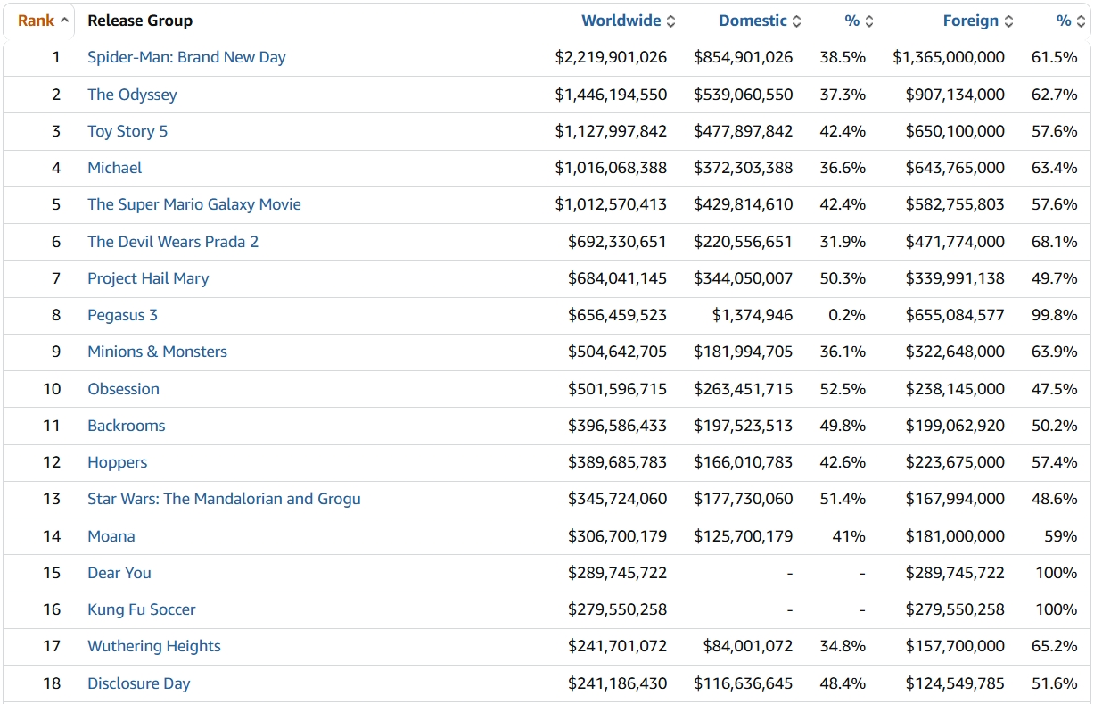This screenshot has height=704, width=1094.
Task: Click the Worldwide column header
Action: tap(621, 21)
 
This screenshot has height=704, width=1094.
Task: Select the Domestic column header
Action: tap(753, 21)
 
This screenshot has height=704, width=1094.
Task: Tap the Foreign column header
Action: tap(970, 21)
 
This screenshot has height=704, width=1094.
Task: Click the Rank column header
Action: tap(37, 21)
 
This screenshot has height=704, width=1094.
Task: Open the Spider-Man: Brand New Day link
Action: tap(186, 57)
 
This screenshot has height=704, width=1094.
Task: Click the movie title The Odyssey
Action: tap(132, 95)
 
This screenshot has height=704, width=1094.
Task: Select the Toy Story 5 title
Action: tap(127, 131)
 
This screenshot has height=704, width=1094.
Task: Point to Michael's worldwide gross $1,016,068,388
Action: tap(611, 168)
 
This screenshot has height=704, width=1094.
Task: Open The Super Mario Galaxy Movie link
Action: tap(193, 204)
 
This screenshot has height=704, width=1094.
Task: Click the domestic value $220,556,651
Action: tap(743, 242)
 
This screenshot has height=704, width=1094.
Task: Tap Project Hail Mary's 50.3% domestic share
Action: tap(843, 278)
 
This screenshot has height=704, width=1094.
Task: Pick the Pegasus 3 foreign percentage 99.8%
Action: tap(1054, 315)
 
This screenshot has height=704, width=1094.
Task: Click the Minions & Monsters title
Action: tap(157, 352)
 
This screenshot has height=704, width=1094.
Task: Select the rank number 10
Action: tap(52, 389)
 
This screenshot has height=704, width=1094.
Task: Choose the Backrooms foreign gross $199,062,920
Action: tap(955, 426)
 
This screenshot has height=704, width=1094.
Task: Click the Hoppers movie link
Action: tap(117, 462)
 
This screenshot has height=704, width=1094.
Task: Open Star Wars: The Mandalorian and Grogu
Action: tap(224, 499)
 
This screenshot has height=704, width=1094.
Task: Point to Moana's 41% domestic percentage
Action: tap(848, 536)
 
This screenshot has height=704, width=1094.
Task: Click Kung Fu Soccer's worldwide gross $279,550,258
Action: tap(617, 609)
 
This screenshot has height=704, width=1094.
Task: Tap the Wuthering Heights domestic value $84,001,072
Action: tap(747, 646)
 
